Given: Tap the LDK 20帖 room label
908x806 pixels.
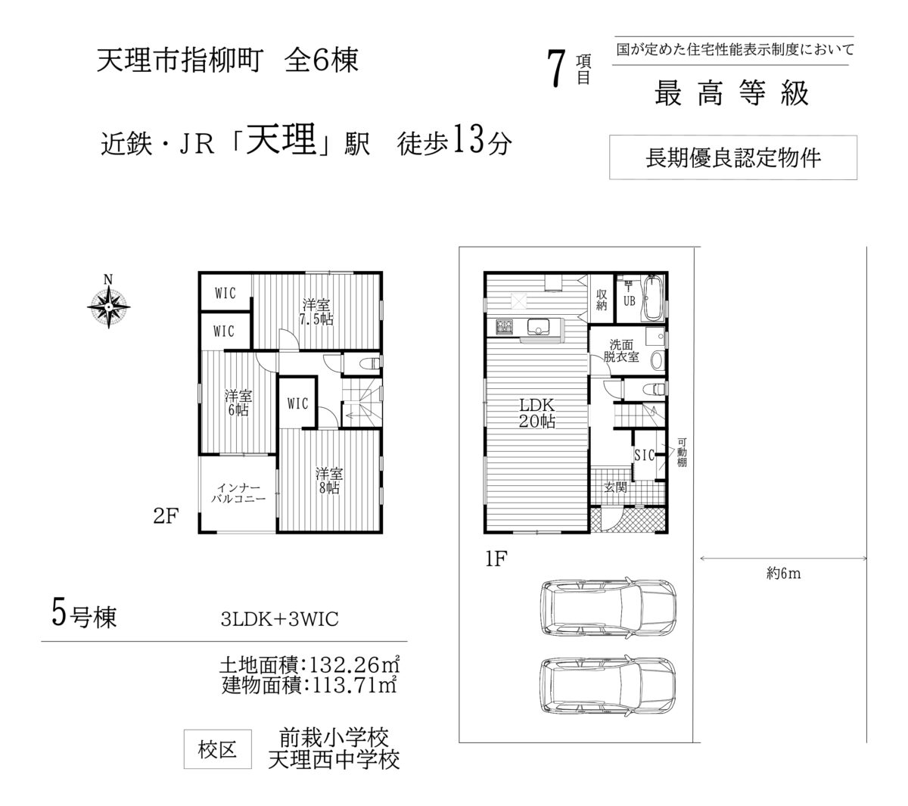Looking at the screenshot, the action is pyautogui.click(x=536, y=413).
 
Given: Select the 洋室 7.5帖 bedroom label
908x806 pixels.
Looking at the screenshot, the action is pyautogui.click(x=316, y=312).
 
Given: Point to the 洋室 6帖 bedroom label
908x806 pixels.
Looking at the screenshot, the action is pyautogui.click(x=238, y=403).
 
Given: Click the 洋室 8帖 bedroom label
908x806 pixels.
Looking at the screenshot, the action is pyautogui.click(x=329, y=480).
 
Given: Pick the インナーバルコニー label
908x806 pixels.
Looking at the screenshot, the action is pyautogui.click(x=238, y=493).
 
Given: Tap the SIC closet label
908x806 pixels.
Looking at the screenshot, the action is pyautogui.click(x=644, y=456).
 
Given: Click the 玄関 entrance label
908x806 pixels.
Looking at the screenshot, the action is pyautogui.click(x=615, y=487).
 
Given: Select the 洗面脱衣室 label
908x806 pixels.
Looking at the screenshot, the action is pyautogui.click(x=620, y=350).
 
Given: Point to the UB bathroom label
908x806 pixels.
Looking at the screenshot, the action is pyautogui.click(x=630, y=301).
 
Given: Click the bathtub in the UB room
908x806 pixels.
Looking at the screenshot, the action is pyautogui.click(x=654, y=298).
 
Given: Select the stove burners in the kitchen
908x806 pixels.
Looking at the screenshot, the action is pyautogui.click(x=505, y=327).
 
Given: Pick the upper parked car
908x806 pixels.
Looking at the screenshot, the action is pyautogui.click(x=608, y=608).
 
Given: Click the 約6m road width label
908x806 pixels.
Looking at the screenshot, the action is pyautogui.click(x=783, y=574).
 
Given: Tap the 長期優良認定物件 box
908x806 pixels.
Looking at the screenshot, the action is pyautogui.click(x=732, y=157).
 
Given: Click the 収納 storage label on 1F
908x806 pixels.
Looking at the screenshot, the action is pyautogui.click(x=602, y=300).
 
